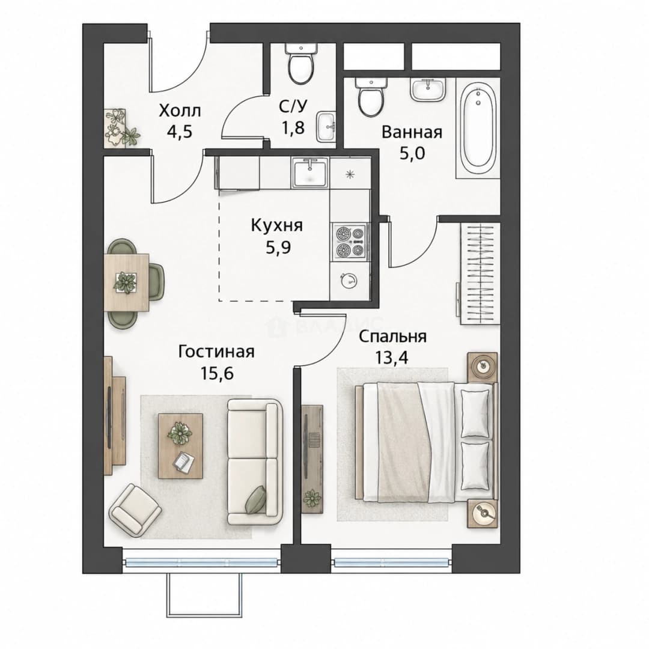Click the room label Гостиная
click(216, 352)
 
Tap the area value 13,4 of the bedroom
click(391, 358)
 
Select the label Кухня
click(277, 225)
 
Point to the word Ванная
click(412, 132)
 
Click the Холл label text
click(180, 111)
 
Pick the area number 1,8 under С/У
click(293, 127)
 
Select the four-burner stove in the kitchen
click(350, 242)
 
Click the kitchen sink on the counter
click(310, 172)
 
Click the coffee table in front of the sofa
click(180, 446)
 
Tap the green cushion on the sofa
click(256, 499)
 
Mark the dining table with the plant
click(126, 282)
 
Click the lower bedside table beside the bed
click(483, 513)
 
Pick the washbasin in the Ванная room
click(428, 90)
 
